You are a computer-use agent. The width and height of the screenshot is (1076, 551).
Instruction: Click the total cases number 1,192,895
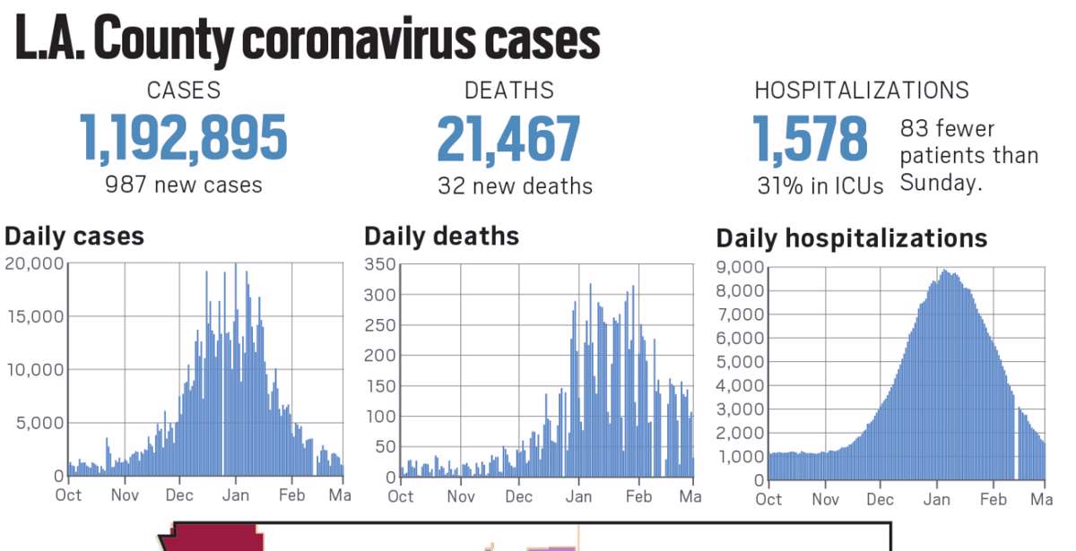(184, 139)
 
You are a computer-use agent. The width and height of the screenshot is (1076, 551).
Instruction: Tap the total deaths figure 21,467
(508, 139)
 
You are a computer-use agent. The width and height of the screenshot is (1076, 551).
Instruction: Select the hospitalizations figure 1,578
(810, 139)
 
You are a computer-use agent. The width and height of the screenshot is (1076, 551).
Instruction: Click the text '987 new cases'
(184, 185)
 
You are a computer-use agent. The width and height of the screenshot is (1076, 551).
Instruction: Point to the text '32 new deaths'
(515, 186)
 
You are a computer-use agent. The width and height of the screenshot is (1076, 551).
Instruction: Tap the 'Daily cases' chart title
(74, 237)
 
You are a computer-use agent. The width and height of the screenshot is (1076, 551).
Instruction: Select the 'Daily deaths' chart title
(441, 237)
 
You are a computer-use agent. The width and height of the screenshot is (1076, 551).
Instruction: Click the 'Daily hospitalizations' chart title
(851, 239)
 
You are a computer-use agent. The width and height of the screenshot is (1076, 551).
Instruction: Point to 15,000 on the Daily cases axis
(34, 316)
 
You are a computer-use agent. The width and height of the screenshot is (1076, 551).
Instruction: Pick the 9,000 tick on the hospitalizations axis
(740, 267)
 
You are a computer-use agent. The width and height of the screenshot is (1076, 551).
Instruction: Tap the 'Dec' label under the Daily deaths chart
(518, 496)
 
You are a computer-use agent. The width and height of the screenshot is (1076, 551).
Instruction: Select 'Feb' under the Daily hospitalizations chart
(993, 500)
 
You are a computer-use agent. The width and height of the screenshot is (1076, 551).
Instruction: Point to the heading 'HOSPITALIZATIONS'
(862, 90)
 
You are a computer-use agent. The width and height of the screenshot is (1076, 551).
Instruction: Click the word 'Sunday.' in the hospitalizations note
(941, 183)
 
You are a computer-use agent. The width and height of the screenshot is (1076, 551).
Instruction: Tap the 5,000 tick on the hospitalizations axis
(740, 362)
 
